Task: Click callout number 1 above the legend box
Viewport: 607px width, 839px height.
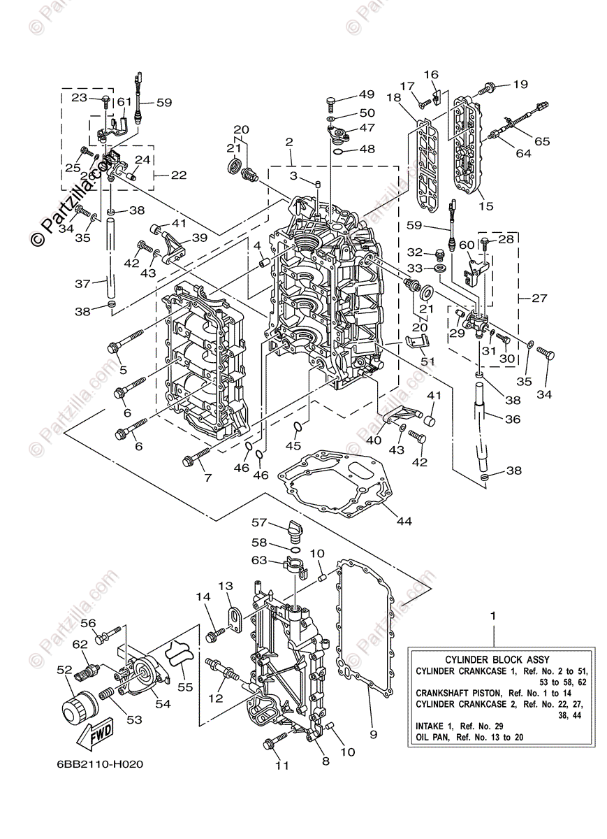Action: pyautogui.click(x=494, y=617)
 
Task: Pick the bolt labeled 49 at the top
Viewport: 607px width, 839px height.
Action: pyautogui.click(x=331, y=103)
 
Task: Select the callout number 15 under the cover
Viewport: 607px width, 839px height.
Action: pyautogui.click(x=485, y=206)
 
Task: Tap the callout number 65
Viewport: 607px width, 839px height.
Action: pyautogui.click(x=543, y=141)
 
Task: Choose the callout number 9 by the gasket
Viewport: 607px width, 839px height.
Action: pyautogui.click(x=373, y=734)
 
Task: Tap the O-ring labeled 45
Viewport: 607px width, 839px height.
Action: pyautogui.click(x=296, y=426)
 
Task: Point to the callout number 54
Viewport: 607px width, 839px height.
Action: pyautogui.click(x=163, y=704)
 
